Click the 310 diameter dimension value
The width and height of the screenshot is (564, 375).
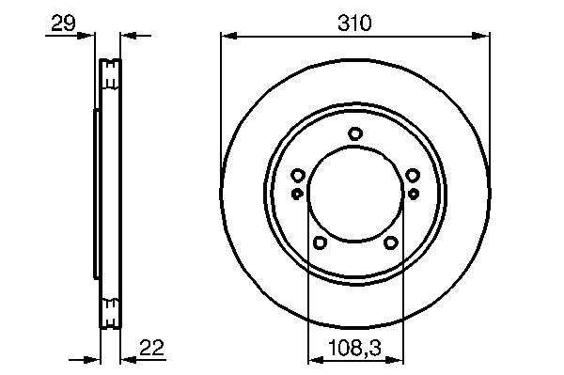tap(354, 23)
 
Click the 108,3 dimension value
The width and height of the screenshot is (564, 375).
tap(355, 348)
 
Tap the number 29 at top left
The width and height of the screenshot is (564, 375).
tap(63, 23)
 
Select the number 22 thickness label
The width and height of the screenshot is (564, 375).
tap(151, 347)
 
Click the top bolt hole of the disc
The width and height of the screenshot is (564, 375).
tap(355, 133)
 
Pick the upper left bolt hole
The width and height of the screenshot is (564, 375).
tap(297, 176)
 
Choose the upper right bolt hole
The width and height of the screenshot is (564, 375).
tap(413, 176)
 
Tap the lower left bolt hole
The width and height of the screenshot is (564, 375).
tap(320, 242)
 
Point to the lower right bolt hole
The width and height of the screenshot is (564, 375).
tap(391, 242)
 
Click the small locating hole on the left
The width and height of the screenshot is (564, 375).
tap(296, 194)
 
